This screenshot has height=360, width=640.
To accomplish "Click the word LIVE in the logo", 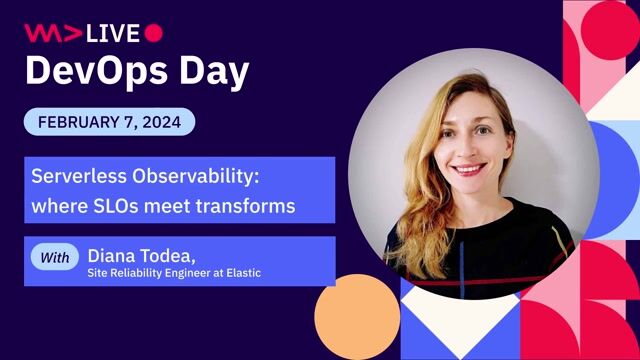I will [x=113, y=33].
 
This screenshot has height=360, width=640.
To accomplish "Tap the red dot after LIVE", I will [x=153, y=33].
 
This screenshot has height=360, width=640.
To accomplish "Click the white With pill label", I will [x=56, y=258].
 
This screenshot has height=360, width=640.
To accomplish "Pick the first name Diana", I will [x=114, y=255].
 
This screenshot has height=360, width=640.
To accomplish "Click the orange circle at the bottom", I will [x=357, y=317].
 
